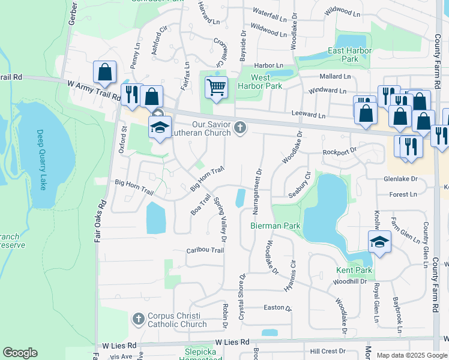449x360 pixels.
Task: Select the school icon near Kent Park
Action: pyautogui.click(x=379, y=242)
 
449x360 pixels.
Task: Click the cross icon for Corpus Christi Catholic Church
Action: pyautogui.click(x=138, y=319)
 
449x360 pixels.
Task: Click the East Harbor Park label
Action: pyautogui.click(x=343, y=55)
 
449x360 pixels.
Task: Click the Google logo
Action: pyautogui.click(x=20, y=353)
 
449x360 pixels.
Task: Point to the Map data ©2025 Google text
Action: pyautogui.click(x=411, y=355)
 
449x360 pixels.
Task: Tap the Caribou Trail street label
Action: pyautogui.click(x=205, y=250)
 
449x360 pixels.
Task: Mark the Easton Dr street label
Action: pyautogui.click(x=277, y=308)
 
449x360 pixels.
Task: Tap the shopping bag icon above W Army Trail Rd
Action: pyautogui.click(x=104, y=72)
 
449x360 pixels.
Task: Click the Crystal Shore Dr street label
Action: pyautogui.click(x=243, y=296)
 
